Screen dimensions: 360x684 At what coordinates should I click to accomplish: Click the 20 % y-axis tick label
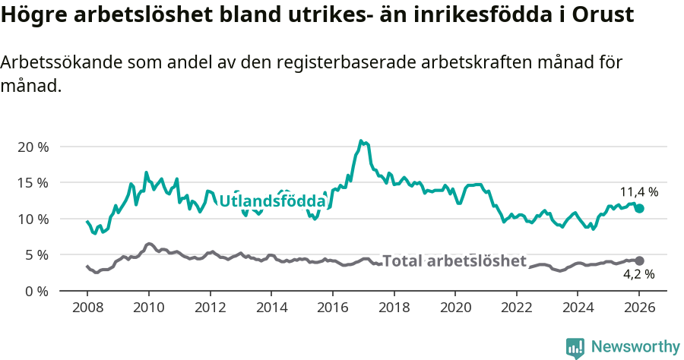(32, 147)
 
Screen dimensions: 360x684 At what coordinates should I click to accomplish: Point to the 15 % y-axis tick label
(32, 182)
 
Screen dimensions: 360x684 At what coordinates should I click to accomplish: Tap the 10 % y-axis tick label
(32, 219)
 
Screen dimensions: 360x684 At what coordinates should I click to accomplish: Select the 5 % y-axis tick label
(36, 254)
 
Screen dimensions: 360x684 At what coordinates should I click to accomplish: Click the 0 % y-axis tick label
(36, 291)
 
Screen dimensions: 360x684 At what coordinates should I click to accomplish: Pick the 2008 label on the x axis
(87, 308)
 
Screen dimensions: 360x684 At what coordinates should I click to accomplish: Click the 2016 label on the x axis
(333, 308)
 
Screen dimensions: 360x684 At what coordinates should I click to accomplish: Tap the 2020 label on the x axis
(455, 308)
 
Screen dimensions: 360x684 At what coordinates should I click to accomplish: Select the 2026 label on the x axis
(639, 308)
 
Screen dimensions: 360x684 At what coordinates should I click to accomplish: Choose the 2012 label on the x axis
(210, 308)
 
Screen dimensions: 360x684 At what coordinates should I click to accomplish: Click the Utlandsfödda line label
(272, 201)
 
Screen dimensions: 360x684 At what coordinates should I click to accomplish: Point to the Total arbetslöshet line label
(454, 261)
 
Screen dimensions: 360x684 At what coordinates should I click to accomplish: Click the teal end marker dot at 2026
(639, 208)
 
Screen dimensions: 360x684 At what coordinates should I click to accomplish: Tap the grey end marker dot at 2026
(639, 261)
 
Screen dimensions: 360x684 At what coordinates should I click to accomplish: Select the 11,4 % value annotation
(639, 192)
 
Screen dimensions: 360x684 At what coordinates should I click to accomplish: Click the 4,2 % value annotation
(639, 274)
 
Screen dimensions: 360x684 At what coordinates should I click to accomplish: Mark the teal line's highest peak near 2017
(361, 141)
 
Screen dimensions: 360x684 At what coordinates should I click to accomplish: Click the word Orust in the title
(604, 15)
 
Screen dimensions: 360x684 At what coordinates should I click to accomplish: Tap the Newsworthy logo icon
(575, 348)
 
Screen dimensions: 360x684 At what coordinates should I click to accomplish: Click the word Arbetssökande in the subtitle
(54, 63)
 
